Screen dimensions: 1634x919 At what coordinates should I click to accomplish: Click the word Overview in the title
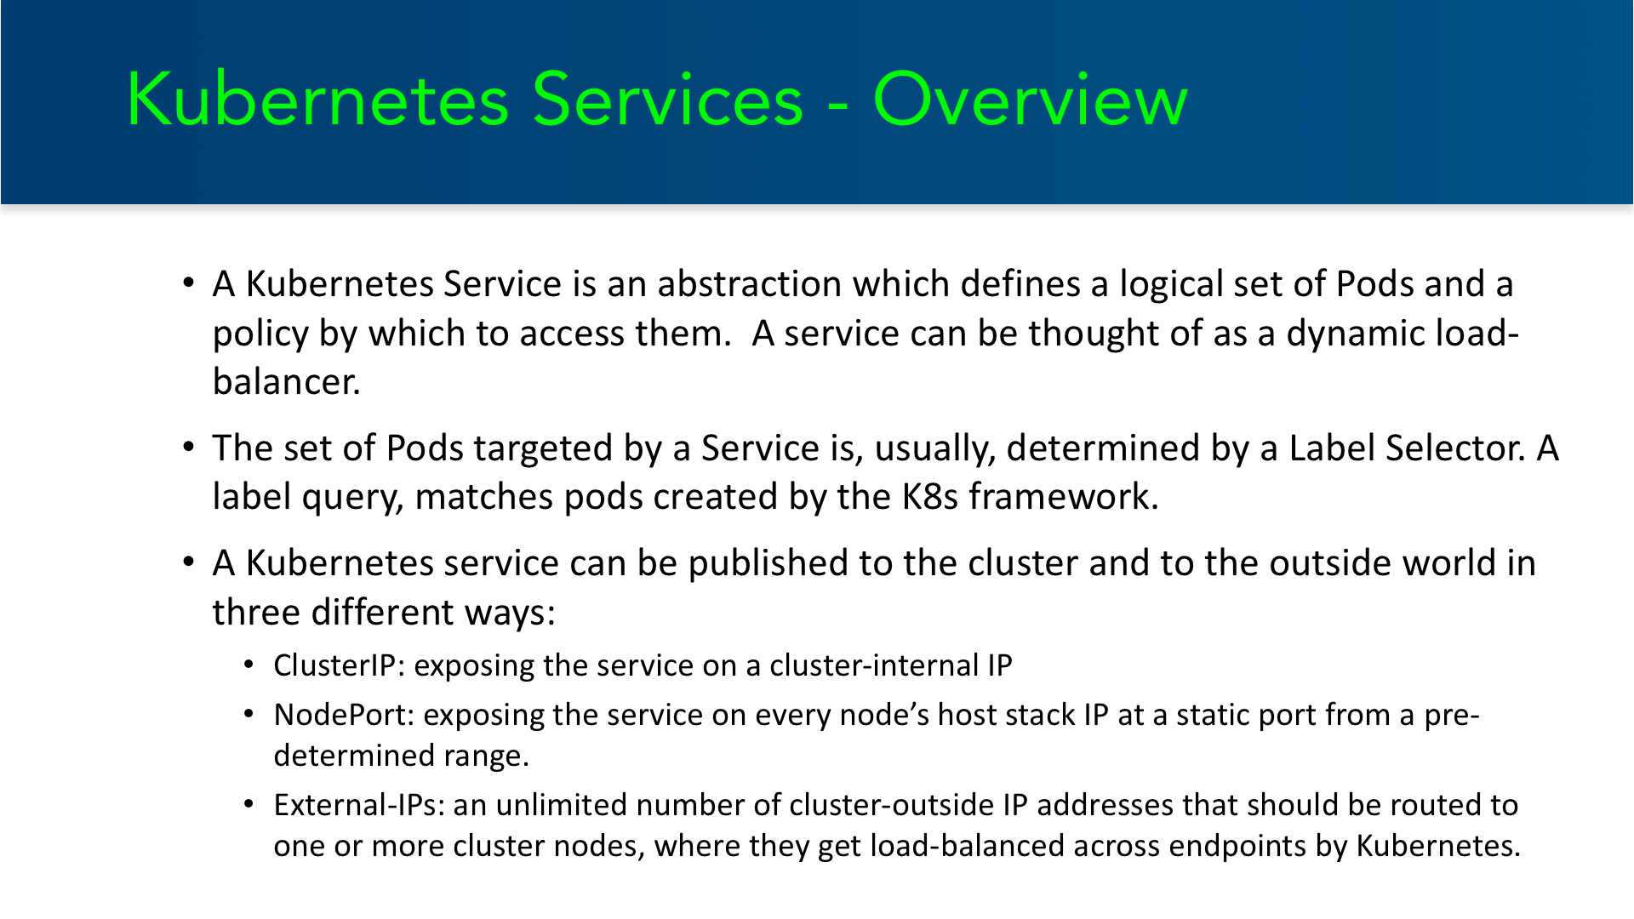[1030, 100]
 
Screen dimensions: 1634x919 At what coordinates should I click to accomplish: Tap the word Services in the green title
[668, 100]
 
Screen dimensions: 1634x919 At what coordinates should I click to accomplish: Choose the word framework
[1064, 497]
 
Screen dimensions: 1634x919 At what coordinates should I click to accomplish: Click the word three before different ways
[256, 613]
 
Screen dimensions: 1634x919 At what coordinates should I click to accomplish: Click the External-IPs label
[359, 805]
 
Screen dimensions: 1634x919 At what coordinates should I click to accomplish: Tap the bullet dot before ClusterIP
[249, 665]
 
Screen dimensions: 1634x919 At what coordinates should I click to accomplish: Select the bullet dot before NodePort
[249, 714]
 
